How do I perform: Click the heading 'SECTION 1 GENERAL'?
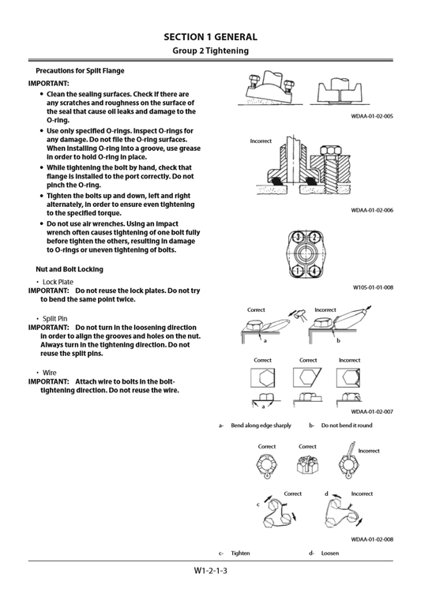coord(210,36)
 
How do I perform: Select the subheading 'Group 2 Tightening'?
coord(210,51)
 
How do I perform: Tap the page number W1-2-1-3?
coord(210,571)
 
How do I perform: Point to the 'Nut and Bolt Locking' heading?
coord(70,269)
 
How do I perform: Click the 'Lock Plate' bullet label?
coord(58,282)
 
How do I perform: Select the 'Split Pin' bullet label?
coord(55,318)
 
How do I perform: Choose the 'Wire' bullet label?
coord(50,373)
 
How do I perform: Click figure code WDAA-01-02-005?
coord(372,116)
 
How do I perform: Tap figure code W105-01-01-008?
coord(373,287)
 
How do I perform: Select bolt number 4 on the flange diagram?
coord(315,271)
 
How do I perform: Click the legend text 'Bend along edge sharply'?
coord(261,426)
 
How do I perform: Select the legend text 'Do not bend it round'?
coord(346,426)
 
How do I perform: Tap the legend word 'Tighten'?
coord(240,553)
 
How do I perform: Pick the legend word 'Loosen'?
coord(329,553)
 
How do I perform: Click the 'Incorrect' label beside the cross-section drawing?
coord(261,141)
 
